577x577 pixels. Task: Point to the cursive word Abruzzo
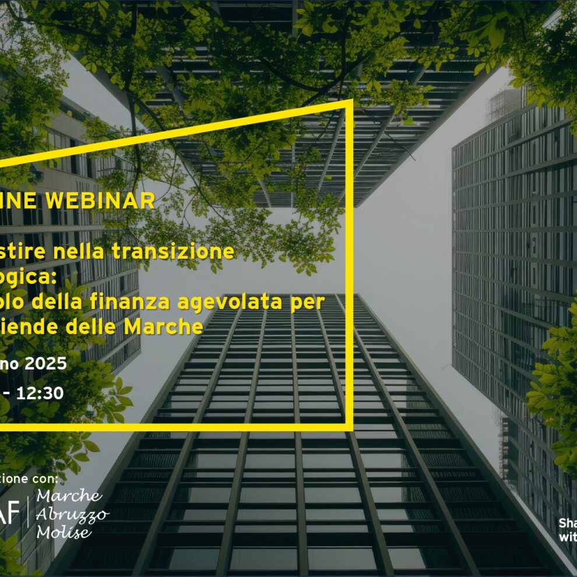pyautogui.click(x=72, y=515)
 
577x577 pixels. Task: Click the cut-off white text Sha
pyautogui.click(x=568, y=522)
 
